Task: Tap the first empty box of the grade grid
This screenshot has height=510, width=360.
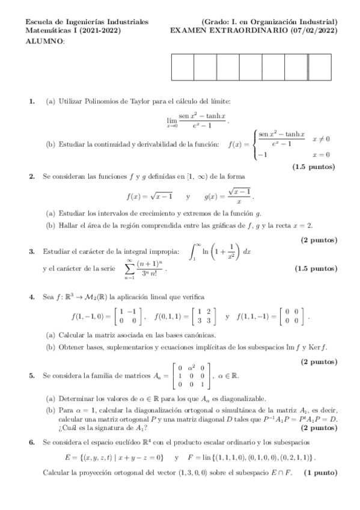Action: coord(182,67)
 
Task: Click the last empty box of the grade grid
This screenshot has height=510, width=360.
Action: coord(319,67)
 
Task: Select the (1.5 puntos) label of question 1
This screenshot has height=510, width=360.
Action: coord(314,166)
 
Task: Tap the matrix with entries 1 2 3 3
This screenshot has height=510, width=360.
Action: coord(202,316)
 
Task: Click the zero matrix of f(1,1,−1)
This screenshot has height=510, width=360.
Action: coord(294,316)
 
